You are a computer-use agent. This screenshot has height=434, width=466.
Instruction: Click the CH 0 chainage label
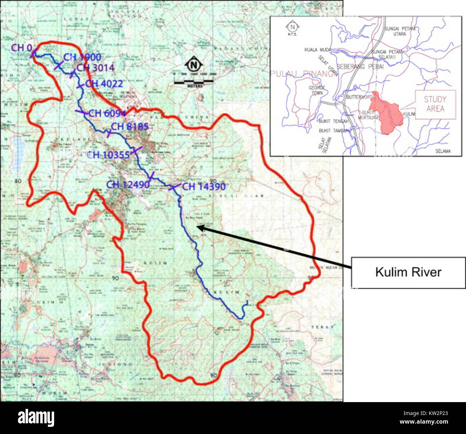coord(22,48)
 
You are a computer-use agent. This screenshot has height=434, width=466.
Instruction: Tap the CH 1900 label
coord(82,57)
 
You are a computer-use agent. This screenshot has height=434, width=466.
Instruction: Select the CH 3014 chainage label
coord(95,68)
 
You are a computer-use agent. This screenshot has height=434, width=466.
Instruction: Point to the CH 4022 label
coord(104,84)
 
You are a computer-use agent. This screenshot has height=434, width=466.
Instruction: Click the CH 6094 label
coord(107,113)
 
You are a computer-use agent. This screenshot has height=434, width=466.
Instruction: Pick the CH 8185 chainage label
coord(129,127)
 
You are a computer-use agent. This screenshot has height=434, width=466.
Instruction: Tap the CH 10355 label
coord(108,155)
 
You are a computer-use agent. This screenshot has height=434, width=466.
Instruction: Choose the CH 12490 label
coord(128,185)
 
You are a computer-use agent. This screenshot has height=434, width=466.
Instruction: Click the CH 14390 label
coord(204,187)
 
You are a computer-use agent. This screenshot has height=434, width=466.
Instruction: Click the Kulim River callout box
coord(408,272)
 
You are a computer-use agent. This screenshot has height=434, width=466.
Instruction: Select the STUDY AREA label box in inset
coord(435,104)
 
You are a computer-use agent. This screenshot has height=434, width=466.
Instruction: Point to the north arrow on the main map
coord(194,65)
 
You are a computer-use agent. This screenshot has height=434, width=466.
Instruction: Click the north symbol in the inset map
coord(293,27)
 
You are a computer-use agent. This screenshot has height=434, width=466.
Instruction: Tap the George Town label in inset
coord(317,90)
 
